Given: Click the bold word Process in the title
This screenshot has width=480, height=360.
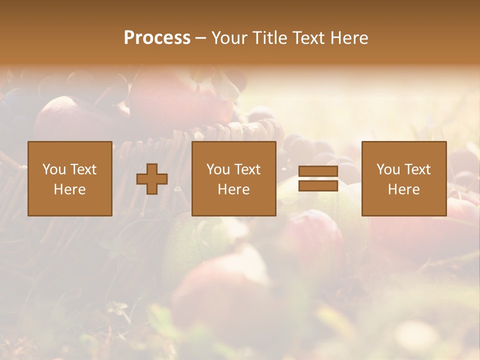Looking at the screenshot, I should (x=157, y=38).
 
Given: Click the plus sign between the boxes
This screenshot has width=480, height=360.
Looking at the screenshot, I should (x=152, y=178).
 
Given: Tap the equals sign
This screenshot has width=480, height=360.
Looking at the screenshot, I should (x=318, y=178).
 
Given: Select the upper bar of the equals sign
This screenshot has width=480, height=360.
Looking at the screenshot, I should (x=318, y=171).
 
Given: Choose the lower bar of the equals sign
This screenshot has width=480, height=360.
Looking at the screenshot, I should (x=318, y=185).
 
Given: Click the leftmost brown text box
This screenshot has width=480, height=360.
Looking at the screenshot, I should (x=69, y=178).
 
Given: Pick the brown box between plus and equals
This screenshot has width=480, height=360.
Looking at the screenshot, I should (x=233, y=178).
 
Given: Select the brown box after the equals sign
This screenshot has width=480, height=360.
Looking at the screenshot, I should (x=403, y=178).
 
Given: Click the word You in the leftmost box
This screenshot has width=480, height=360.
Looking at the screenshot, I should (x=53, y=169).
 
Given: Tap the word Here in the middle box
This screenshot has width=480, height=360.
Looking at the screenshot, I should (x=233, y=189).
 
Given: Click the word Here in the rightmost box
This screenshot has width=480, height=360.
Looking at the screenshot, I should (x=403, y=189).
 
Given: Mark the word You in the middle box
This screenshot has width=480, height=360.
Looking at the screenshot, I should (x=217, y=169).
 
